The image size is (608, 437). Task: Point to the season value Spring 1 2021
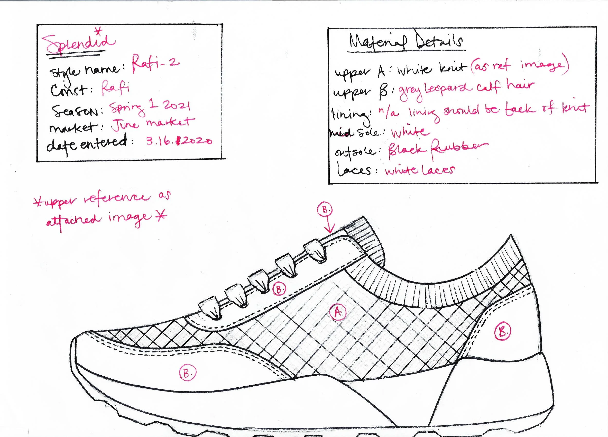click(150, 107)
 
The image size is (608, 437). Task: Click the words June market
click(152, 124)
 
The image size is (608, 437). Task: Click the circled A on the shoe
click(338, 312)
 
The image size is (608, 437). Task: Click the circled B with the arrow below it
click(325, 210)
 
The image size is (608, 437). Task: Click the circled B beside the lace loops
click(279, 289)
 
